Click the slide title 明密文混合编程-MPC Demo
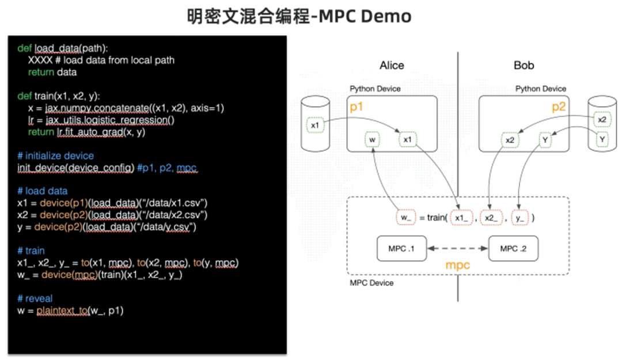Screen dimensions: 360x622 299,16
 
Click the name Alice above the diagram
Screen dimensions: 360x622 392,65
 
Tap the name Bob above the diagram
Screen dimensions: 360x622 524,65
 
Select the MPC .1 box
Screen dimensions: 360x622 397,248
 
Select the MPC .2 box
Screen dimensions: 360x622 513,248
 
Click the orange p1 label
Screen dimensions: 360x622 357,107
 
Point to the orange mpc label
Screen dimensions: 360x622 458,266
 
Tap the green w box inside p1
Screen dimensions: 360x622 373,139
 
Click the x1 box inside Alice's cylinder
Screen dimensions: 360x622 314,124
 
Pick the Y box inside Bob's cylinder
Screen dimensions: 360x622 602,139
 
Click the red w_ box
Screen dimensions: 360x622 405,218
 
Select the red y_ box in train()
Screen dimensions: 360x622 521,218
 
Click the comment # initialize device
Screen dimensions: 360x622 55,156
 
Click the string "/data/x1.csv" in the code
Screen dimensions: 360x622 179,203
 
